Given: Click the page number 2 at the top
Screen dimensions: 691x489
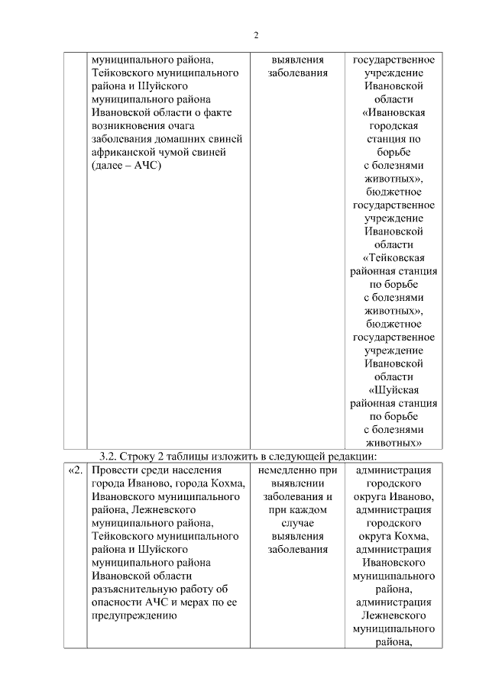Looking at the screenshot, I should [x=257, y=35].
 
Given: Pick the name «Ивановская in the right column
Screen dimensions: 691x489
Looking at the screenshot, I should [x=394, y=113].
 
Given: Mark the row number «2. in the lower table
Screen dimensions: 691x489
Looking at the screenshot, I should [x=74, y=470].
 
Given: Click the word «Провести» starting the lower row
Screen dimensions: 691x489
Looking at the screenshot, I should [x=115, y=470].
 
